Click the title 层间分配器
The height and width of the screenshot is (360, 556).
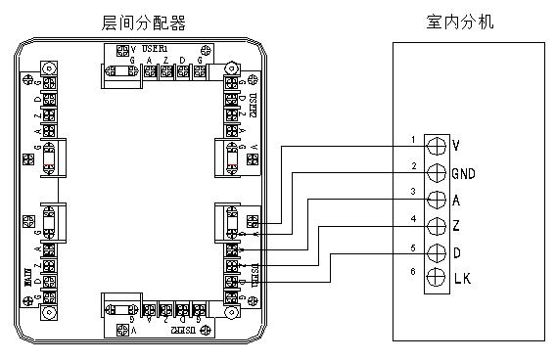tap(143, 22)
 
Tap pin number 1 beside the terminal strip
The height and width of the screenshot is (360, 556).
tap(413, 140)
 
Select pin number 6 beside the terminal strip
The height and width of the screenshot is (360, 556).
tap(413, 271)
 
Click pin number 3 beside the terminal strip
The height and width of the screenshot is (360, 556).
tap(413, 191)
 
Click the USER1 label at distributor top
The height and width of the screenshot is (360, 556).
tap(156, 48)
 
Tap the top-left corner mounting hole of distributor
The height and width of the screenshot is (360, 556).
tap(46, 68)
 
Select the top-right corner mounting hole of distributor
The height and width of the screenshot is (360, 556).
tap(231, 68)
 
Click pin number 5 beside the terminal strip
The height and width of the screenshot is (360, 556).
tap(413, 245)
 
